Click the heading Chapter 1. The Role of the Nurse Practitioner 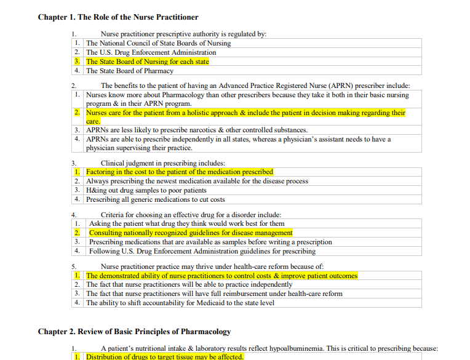(x=118, y=17)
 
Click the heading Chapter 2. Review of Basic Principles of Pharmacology (x=134, y=332)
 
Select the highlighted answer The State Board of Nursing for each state (x=147, y=62)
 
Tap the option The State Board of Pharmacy (x=129, y=71)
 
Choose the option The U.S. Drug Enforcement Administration (x=151, y=52)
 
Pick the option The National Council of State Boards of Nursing (x=158, y=43)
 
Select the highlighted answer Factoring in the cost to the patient (x=179, y=172)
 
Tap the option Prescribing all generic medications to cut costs (x=155, y=199)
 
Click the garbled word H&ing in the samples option (x=96, y=190)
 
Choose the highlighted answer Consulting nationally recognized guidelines (x=191, y=233)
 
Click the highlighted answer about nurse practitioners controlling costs (x=221, y=276)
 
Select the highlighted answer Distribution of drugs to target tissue (x=164, y=357)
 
